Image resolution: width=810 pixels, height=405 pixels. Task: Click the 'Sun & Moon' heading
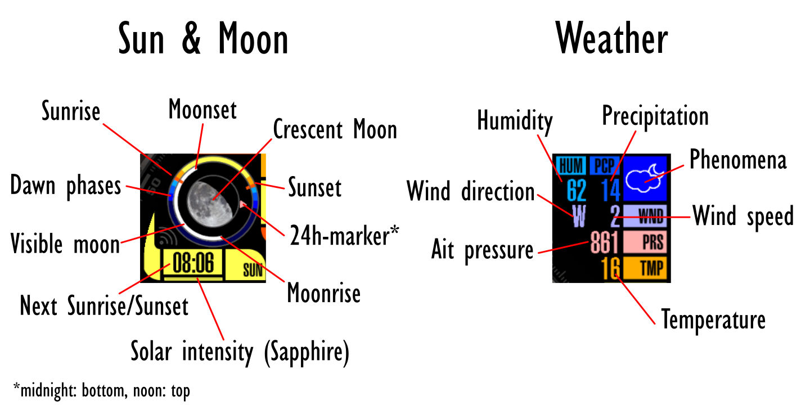click(203, 38)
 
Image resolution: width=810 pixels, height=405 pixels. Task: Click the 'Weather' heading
click(611, 38)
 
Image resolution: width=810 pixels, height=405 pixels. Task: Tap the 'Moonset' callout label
click(202, 109)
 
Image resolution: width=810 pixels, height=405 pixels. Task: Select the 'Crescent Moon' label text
click(335, 129)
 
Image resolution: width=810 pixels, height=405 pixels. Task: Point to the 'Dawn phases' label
click(65, 186)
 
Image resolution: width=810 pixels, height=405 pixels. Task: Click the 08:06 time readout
click(193, 262)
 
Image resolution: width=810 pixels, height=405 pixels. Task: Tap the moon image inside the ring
click(210, 204)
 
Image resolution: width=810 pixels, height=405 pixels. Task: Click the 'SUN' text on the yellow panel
click(253, 270)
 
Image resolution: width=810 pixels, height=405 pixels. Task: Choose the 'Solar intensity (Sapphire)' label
click(240, 352)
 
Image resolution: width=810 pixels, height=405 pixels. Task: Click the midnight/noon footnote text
click(102, 390)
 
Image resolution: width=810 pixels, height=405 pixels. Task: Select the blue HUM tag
click(571, 166)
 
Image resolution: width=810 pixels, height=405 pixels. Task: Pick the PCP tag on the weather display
click(605, 166)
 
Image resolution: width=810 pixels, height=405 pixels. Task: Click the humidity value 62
click(576, 190)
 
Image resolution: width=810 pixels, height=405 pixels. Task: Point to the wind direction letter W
click(579, 216)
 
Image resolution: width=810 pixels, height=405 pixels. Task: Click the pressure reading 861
click(605, 242)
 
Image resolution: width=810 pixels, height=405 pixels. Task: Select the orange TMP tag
click(645, 268)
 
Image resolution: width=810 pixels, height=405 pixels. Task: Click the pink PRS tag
click(645, 242)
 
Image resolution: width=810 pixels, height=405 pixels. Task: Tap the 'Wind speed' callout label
click(743, 216)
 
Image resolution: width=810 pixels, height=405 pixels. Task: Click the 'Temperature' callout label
click(713, 319)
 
